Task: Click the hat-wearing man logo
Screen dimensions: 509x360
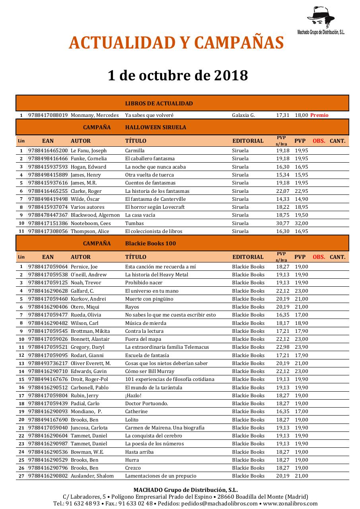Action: point(321,17)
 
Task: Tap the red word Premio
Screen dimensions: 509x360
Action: point(319,115)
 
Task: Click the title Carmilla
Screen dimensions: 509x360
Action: point(135,151)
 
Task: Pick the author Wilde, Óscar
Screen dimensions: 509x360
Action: point(85,199)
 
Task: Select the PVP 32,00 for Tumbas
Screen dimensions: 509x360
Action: point(301,223)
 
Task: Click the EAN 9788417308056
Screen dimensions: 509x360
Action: point(48,231)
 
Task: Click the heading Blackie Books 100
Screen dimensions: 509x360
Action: point(150,243)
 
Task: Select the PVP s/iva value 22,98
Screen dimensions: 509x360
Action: point(283,347)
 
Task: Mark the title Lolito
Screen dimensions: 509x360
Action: point(132,420)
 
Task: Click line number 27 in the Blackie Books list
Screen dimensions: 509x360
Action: point(21,476)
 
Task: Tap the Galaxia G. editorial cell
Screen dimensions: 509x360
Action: point(243,115)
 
